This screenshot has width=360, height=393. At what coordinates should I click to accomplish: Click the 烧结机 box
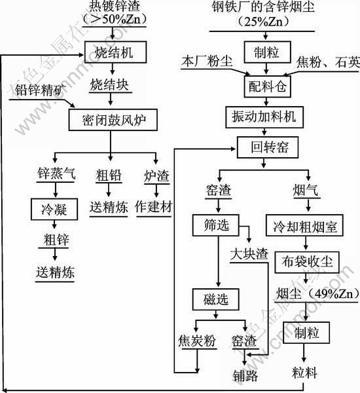115,52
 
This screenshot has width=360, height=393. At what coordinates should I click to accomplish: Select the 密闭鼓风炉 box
113,120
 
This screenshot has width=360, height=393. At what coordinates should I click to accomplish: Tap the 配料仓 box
267,86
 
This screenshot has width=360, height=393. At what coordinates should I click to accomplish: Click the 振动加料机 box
264,117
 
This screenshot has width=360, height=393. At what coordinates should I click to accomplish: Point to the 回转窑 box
268,147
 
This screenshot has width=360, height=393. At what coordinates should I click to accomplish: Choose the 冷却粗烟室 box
304,225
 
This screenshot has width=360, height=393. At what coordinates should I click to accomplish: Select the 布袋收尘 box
307,262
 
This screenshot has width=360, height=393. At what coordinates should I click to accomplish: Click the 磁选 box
215,299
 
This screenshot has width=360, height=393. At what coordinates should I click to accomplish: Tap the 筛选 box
215,225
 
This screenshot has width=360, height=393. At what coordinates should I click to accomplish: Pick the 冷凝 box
54,210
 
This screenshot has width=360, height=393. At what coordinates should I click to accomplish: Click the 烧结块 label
109,84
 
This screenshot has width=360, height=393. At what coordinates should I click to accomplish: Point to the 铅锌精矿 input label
40,90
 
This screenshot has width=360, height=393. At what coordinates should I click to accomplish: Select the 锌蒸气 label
56,173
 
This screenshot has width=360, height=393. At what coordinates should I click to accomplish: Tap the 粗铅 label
109,176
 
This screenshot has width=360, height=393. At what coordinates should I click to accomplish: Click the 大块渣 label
249,254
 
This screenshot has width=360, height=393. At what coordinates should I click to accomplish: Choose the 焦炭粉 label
197,341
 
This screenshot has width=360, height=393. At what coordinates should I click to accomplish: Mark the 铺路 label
245,376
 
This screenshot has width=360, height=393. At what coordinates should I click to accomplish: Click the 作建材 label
154,207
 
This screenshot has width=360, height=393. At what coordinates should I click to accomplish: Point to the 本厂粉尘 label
207,61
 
